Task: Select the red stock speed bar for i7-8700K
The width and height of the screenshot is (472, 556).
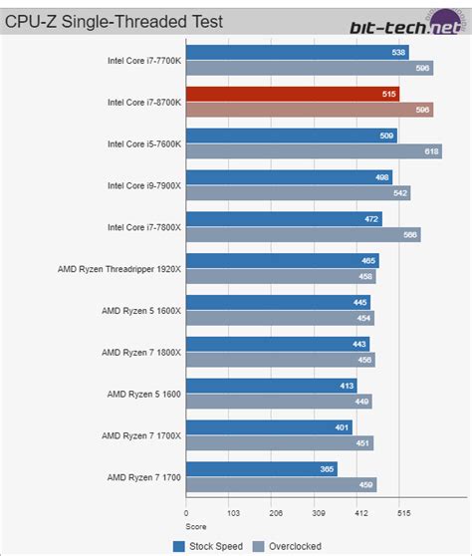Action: click(293, 94)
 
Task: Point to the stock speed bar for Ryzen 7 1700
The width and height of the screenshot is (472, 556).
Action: click(261, 468)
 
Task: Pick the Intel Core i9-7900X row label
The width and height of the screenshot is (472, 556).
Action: click(144, 184)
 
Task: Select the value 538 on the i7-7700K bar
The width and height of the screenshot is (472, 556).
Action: click(398, 52)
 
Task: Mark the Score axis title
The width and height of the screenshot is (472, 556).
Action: click(196, 526)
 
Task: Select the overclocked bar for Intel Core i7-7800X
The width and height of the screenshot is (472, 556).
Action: click(303, 235)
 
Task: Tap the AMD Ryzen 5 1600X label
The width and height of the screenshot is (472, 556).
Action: click(142, 310)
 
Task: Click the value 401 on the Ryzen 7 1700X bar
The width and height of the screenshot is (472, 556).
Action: click(342, 426)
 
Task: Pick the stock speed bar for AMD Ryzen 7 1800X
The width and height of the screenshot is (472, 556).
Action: click(278, 344)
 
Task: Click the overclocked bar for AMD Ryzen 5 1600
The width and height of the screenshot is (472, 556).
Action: click(279, 402)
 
